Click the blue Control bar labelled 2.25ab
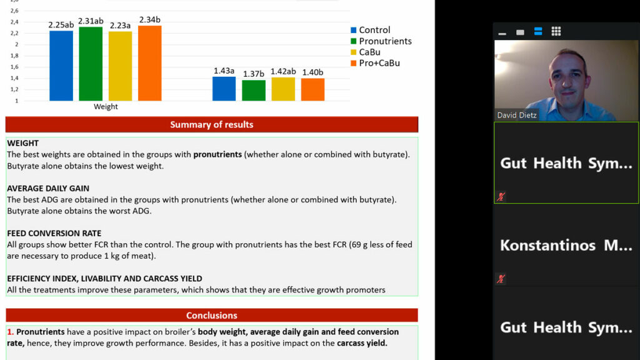[61, 66]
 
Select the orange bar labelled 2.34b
[150, 63]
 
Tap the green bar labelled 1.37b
[254, 90]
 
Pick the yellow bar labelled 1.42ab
[283, 89]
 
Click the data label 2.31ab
[91, 21]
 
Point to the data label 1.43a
[224, 71]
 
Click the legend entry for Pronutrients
[381, 41]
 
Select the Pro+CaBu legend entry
[375, 63]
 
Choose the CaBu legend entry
[365, 52]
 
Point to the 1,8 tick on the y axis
[14, 56]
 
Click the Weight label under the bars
[106, 106]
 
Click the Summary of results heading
[212, 124]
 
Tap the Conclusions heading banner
[212, 315]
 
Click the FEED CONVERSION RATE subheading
[54, 234]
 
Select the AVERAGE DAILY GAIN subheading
[48, 189]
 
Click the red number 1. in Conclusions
[11, 332]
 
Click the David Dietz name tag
[517, 115]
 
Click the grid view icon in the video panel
[556, 31]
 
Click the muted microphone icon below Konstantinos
[501, 279]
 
